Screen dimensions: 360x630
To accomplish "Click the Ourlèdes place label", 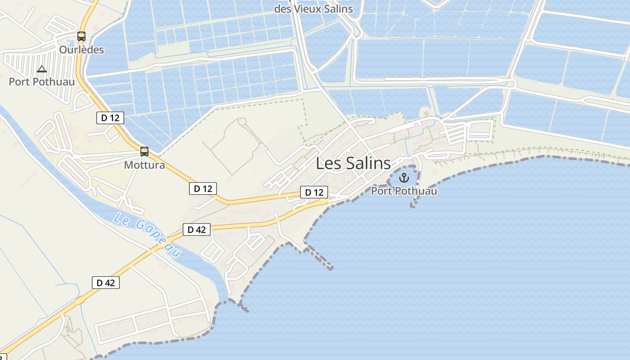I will point(81,50).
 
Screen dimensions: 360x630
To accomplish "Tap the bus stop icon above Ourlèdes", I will point(81,36).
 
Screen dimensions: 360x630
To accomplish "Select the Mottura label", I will point(144,165).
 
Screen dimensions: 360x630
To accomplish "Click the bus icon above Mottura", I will point(144,152).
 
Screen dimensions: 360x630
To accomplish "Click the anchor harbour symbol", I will point(404,177).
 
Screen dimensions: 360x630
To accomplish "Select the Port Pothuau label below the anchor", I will point(404,191).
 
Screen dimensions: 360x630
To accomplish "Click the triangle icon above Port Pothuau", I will point(41,69).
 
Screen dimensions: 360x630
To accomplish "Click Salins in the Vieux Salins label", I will point(338,9).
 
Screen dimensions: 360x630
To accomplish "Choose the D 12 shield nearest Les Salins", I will point(314,193).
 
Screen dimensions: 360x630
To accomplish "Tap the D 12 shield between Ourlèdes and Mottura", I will point(110,118).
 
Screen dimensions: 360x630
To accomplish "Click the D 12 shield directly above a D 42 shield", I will point(202,189).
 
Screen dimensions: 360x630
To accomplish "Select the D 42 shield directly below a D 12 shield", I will point(196,229).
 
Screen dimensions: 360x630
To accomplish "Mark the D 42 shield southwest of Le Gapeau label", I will point(106,283).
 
